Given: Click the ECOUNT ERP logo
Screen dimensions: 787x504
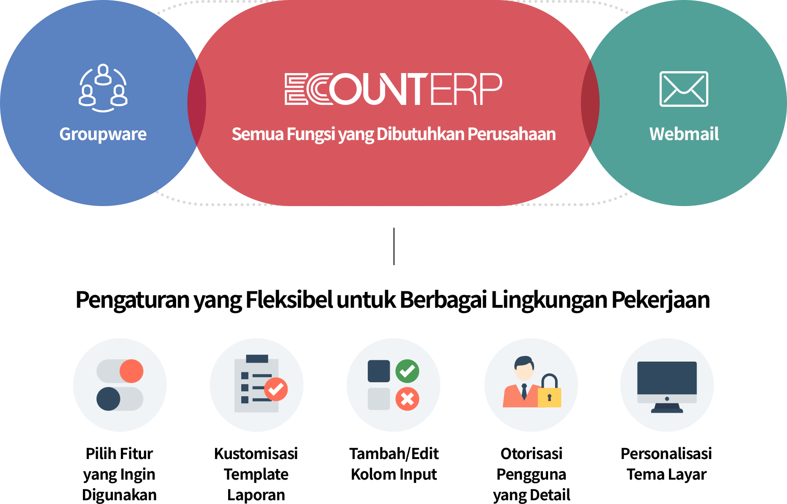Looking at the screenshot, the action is [393, 89].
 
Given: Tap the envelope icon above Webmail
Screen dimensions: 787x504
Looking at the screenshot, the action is [684, 89].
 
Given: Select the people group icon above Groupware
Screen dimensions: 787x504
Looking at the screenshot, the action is [103, 88].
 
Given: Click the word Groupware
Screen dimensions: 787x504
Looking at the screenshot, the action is [103, 134].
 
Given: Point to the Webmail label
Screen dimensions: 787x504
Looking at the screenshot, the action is [684, 134].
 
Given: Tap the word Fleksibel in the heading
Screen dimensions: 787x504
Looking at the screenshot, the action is [289, 300].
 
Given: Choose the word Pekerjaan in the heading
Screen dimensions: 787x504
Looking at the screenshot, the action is [661, 300].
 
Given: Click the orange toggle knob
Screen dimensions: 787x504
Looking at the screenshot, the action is [131, 371].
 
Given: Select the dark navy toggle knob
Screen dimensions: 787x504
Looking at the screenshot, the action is [108, 399].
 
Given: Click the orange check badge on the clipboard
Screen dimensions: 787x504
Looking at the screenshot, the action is [276, 389].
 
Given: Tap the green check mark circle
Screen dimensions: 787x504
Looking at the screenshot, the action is [407, 371].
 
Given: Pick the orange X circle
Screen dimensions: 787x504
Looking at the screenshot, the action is [407, 399].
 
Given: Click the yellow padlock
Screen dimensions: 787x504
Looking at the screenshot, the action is [549, 391].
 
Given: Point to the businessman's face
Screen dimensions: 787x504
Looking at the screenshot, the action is [524, 372].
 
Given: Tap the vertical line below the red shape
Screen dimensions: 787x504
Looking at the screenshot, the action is [394, 246].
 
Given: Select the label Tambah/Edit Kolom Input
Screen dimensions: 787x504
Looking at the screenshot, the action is [394, 464].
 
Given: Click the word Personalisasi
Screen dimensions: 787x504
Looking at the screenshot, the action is [666, 453].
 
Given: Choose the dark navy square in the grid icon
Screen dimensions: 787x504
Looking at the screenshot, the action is [379, 371].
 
